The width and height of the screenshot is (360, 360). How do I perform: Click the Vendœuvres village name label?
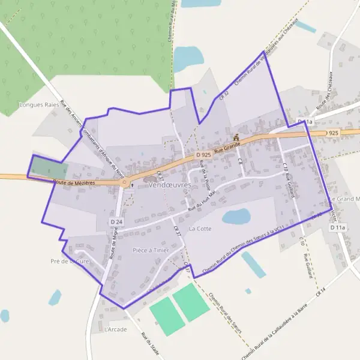(x=169, y=185)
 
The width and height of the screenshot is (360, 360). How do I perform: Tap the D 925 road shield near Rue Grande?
(x=203, y=155)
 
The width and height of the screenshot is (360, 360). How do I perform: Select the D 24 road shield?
(x=116, y=222)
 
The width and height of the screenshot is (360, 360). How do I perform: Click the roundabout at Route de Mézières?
(x=124, y=183)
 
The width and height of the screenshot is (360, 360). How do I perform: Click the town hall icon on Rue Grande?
(x=236, y=137)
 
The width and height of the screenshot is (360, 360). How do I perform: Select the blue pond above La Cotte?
(x=236, y=216)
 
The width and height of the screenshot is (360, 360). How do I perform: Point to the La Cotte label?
(x=200, y=229)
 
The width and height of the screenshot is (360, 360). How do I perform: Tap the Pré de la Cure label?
(x=70, y=261)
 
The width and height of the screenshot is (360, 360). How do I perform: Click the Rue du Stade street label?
(x=151, y=344)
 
